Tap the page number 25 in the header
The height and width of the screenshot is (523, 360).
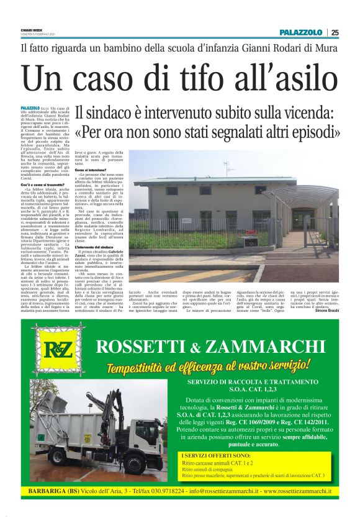(335, 32)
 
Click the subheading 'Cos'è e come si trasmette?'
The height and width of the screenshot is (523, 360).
(43, 185)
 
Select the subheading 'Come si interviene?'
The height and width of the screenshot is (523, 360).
(90, 170)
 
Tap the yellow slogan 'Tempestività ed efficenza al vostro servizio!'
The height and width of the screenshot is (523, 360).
(208, 363)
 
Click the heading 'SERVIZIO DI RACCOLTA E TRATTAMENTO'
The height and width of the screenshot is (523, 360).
(254, 382)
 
